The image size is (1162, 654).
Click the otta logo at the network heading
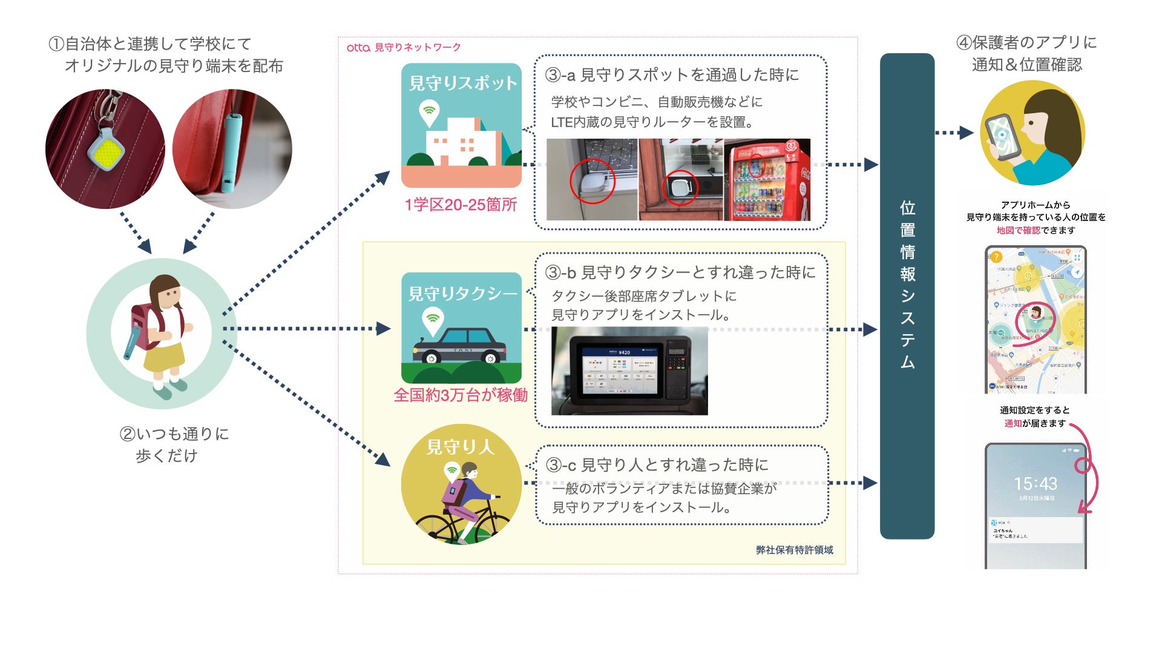[358, 47]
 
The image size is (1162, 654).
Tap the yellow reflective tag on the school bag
[107, 150]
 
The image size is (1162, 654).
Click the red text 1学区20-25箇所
[461, 205]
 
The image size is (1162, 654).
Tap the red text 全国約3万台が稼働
[461, 395]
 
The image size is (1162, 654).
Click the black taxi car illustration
[460, 346]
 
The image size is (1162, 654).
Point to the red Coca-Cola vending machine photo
[767, 180]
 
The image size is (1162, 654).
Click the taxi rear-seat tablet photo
[629, 371]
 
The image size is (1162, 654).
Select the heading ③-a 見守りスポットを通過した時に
[672, 75]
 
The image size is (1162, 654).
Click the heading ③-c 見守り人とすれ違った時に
[657, 465]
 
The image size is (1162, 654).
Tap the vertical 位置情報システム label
[907, 285]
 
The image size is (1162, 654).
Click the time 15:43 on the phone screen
[1036, 484]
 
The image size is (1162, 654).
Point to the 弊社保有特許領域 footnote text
[794, 550]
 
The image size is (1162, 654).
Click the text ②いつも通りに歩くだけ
[174, 444]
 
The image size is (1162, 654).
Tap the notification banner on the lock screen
[1036, 530]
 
